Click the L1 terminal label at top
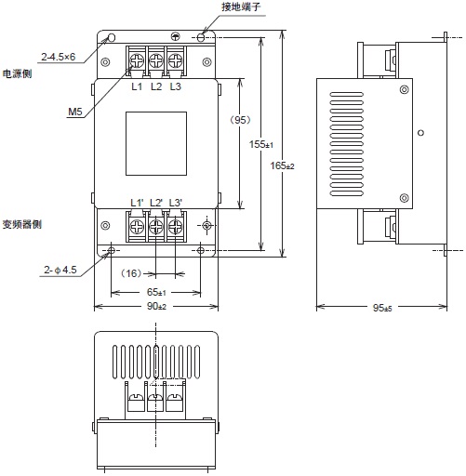[x=137, y=86]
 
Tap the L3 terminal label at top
[x=176, y=86]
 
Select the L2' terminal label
[x=156, y=202]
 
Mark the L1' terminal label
[x=136, y=202]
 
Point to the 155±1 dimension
[x=261, y=145]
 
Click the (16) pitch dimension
[x=130, y=274]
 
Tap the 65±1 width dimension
[x=156, y=291]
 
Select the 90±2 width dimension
[x=156, y=307]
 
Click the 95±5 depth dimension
[x=381, y=308]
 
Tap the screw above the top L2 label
[x=156, y=59]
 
